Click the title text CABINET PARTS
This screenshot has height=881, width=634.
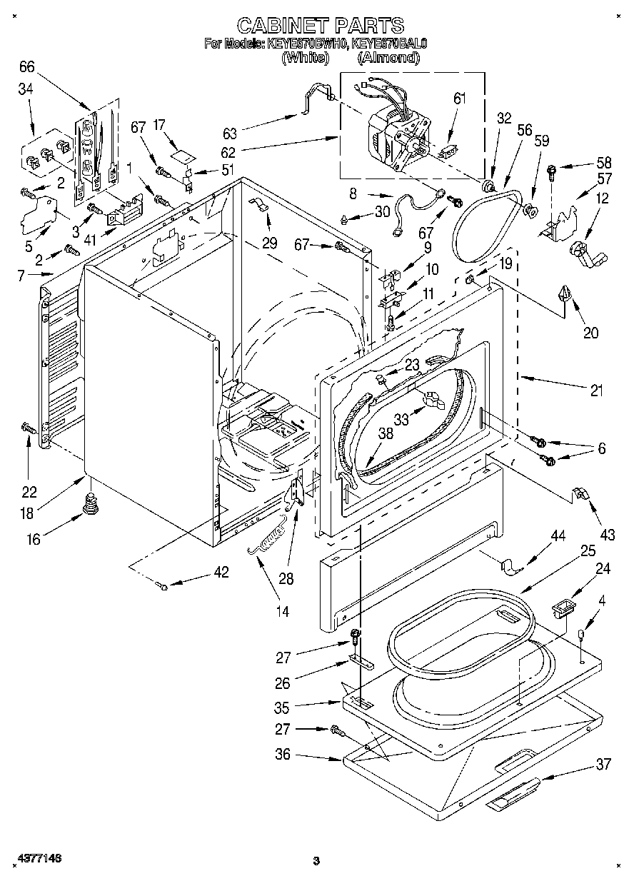click(320, 26)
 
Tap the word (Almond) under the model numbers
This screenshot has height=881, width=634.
click(388, 58)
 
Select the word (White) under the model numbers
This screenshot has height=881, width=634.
click(305, 58)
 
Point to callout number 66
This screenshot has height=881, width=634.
click(26, 67)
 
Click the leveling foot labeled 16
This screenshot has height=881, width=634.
click(91, 504)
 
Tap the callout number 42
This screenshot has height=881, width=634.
click(221, 572)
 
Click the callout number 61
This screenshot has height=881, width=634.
click(459, 99)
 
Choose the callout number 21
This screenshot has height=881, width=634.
click(596, 391)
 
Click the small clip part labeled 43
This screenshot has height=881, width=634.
click(580, 493)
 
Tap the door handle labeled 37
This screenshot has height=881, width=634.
click(511, 798)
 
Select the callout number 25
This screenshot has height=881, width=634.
click(588, 550)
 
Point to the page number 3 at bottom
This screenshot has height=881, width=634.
click(315, 862)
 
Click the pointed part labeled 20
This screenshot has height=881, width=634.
click(568, 294)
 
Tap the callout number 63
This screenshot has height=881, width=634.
click(229, 133)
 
